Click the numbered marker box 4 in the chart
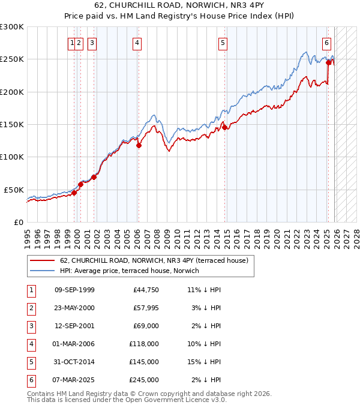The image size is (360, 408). click(x=137, y=43)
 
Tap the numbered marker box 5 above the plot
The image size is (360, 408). click(x=223, y=43)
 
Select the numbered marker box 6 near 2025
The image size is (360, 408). click(x=326, y=43)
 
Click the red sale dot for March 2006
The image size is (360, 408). click(x=139, y=145)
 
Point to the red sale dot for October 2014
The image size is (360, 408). click(x=224, y=127)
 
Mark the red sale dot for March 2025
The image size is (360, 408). click(x=328, y=62)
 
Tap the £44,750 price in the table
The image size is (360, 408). click(x=146, y=290)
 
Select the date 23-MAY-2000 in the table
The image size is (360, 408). click(x=74, y=308)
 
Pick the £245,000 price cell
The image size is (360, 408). click(x=145, y=380)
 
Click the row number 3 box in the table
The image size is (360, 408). click(x=30, y=326)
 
